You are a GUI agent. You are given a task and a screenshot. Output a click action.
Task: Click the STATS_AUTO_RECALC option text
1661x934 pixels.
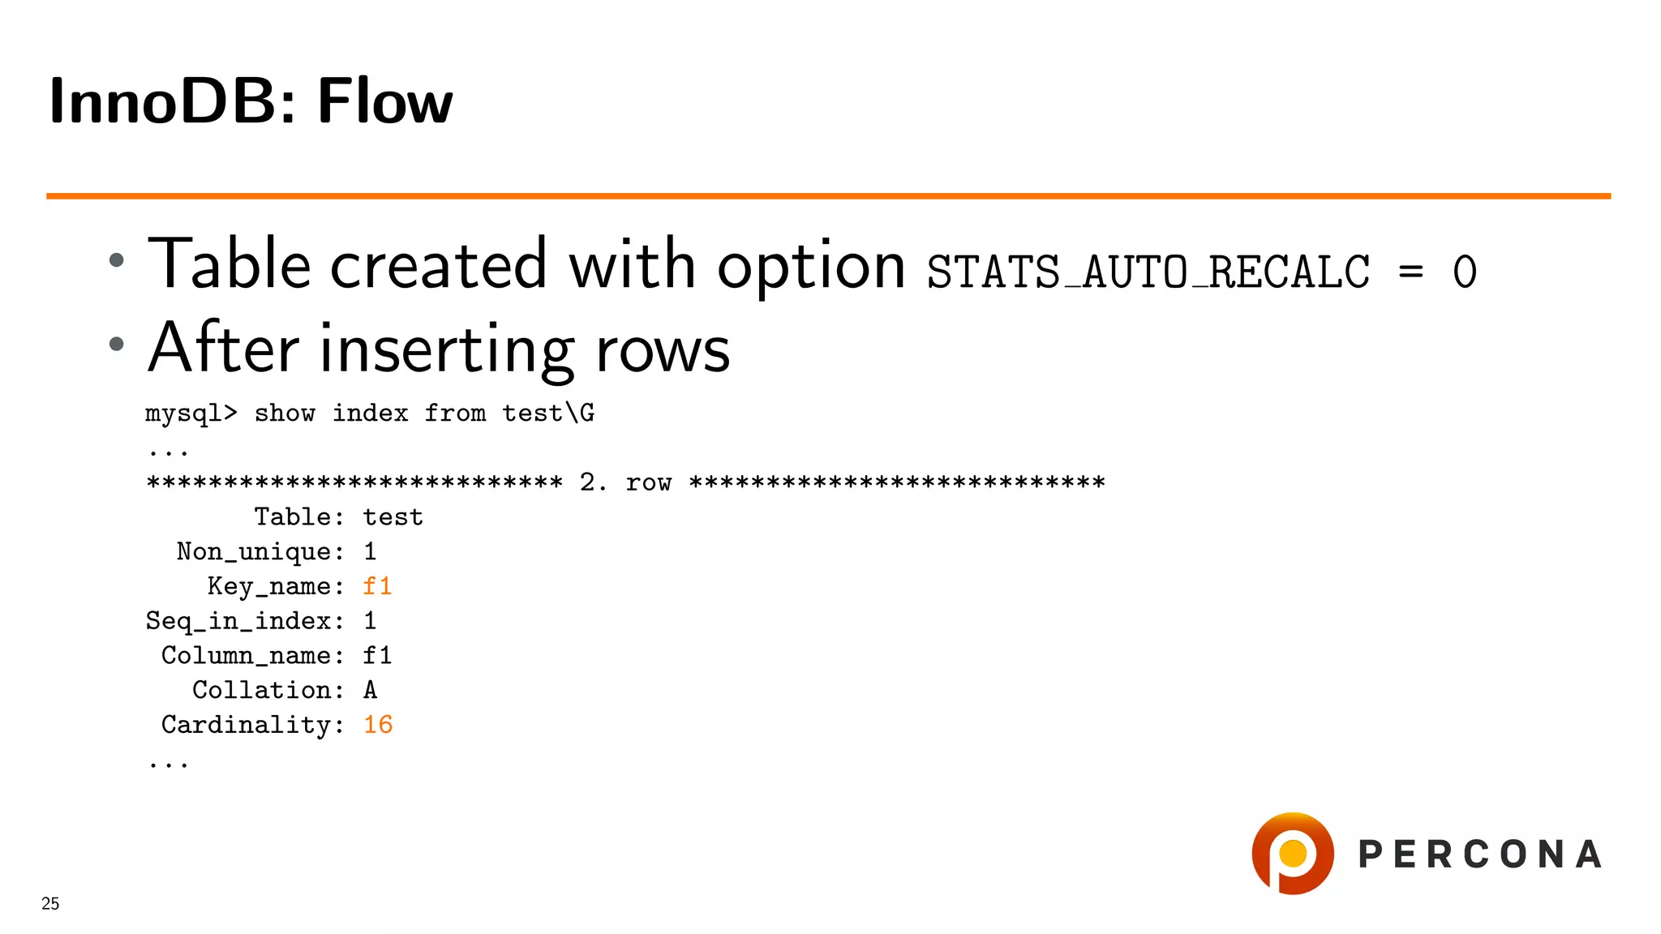1148,272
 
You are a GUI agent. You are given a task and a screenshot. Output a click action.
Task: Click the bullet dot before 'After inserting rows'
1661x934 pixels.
117,344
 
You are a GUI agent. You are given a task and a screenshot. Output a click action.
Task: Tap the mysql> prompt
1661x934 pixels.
191,413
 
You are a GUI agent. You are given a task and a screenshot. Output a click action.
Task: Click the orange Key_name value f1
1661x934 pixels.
377,586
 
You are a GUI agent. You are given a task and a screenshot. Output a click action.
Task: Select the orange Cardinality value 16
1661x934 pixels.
378,725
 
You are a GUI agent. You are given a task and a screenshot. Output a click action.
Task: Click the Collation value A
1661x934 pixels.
370,690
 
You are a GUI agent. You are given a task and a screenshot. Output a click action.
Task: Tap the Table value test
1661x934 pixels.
393,517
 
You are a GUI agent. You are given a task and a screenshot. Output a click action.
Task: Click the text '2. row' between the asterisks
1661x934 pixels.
625,482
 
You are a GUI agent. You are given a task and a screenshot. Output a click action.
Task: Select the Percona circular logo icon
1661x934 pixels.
1293,854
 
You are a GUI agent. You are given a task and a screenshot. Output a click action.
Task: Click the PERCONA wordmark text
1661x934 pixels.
1480,855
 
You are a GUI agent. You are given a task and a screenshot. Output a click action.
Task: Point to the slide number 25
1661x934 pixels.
50,903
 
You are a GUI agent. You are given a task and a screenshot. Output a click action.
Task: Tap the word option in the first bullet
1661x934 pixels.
811,265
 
